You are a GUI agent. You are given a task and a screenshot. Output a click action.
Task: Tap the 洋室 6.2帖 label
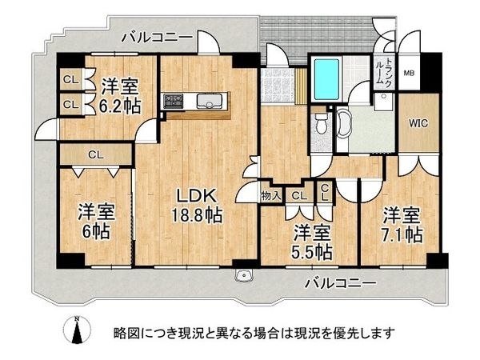[x=121, y=94]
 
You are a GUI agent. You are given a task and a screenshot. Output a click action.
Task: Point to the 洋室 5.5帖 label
[x=311, y=242]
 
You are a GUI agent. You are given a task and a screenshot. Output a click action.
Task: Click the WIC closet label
[x=417, y=124]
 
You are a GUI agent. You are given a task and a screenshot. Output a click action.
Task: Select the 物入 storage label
[x=270, y=194]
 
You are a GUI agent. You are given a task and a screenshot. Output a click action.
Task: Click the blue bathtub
[x=326, y=78]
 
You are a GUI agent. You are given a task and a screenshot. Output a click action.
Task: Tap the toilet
[x=321, y=124]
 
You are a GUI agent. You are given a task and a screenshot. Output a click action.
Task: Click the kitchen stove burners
[x=174, y=101]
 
